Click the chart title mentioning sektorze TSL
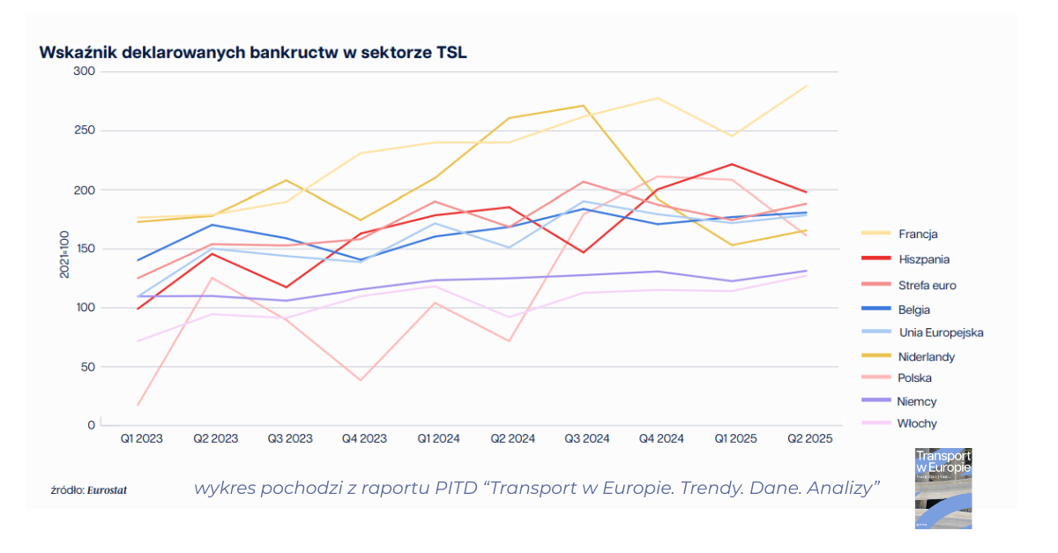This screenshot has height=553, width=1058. pos(252,52)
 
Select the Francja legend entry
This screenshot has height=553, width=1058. pos(918,234)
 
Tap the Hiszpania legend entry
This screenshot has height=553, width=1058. pos(924,259)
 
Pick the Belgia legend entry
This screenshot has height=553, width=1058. pos(914,310)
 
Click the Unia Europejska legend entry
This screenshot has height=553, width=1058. pos(941,333)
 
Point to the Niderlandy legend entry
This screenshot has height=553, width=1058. pos(927,356)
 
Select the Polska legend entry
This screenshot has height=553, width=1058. pos(915,377)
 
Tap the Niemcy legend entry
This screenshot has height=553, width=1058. pos(917,401)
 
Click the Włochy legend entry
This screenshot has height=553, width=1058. pos(917,423)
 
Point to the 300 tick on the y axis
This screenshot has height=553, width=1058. pos(84,71)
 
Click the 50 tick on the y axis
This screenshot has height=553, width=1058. pos(86,367)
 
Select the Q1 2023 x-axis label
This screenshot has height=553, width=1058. pos(141,438)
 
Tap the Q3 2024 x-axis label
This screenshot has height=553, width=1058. pos(586,438)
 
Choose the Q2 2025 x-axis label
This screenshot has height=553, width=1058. pos(808,438)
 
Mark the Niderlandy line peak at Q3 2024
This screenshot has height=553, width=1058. pos(585,106)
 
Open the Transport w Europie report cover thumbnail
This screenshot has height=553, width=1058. pos(943,488)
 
